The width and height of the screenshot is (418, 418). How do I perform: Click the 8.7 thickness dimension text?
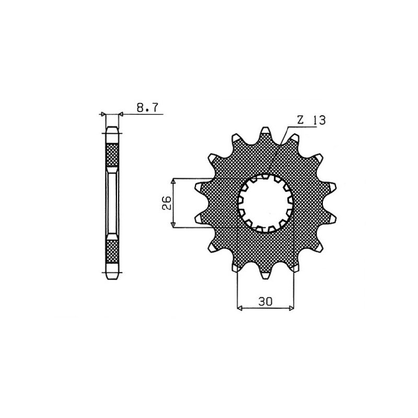click(148, 108)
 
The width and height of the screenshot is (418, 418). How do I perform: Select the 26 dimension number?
click(166, 203)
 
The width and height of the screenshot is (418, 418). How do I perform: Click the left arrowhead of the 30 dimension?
click(240, 308)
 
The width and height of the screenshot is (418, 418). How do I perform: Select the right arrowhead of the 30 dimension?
click(292, 308)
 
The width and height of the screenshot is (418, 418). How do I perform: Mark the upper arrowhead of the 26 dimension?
click(173, 180)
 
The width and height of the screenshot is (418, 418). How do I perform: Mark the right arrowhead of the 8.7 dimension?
click(121, 113)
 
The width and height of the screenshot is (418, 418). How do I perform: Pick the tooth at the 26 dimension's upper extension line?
click(202, 185)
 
